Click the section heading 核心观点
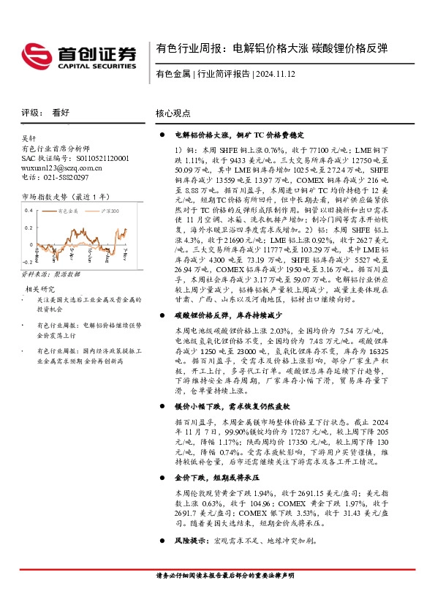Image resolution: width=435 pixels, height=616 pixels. coord(173,113)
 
